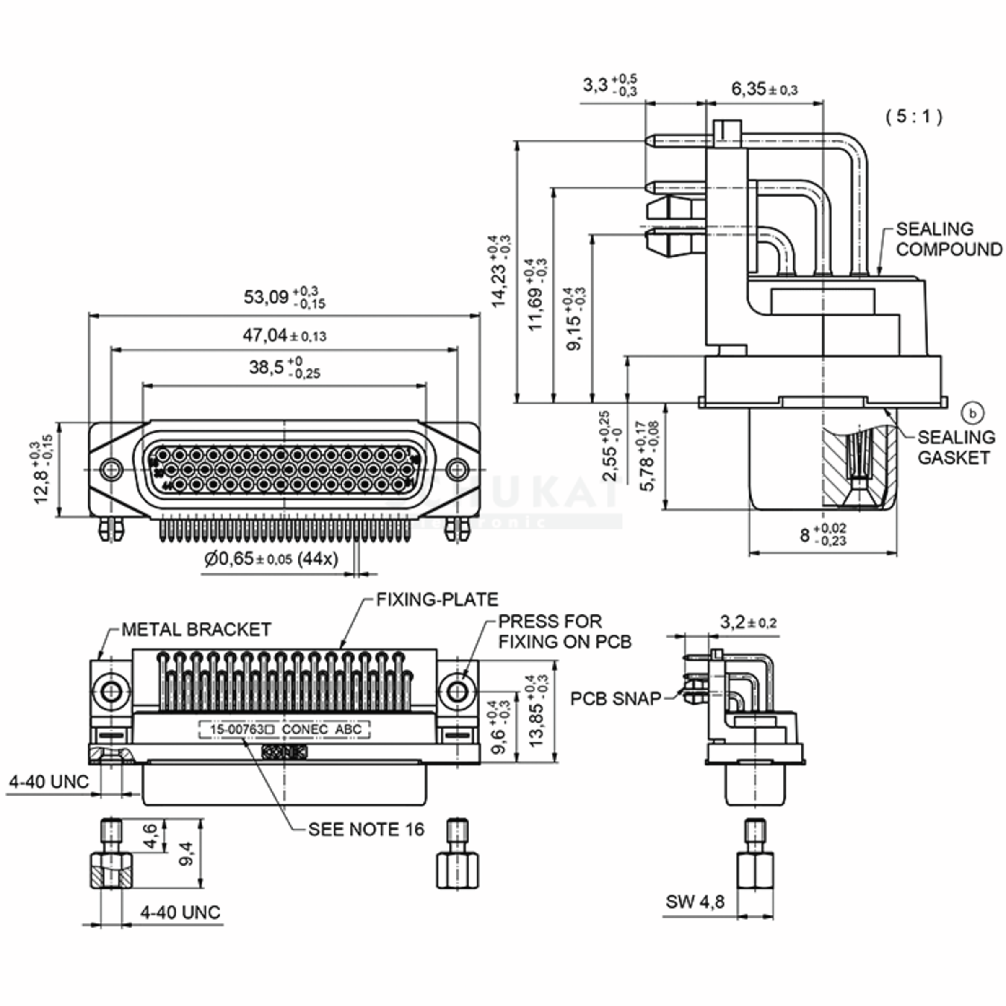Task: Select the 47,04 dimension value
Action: [x=284, y=335]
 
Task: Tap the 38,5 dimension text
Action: [x=284, y=367]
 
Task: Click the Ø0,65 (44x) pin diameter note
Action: [x=271, y=559]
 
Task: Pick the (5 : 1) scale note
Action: [x=914, y=116]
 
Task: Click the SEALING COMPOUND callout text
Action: [x=948, y=239]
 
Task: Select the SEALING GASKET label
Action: [x=956, y=447]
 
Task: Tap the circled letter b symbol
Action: [x=972, y=413]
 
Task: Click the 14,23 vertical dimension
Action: [x=500, y=271]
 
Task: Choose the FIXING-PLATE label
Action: [x=437, y=599]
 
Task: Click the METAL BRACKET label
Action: [x=196, y=630]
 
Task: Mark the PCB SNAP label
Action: [x=615, y=699]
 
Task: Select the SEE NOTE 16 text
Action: [x=366, y=830]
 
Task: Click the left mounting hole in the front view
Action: [x=111, y=469]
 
